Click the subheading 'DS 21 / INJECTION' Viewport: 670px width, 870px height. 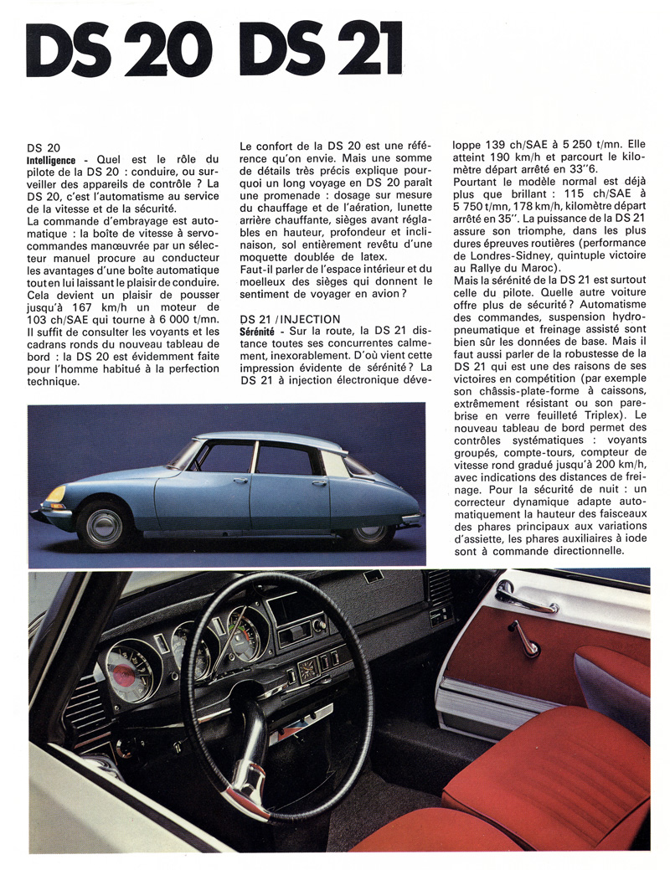tap(290, 320)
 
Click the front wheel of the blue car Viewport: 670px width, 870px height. tap(106, 524)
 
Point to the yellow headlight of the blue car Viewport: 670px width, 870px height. tap(56, 494)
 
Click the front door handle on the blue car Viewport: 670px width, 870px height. tap(240, 481)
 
